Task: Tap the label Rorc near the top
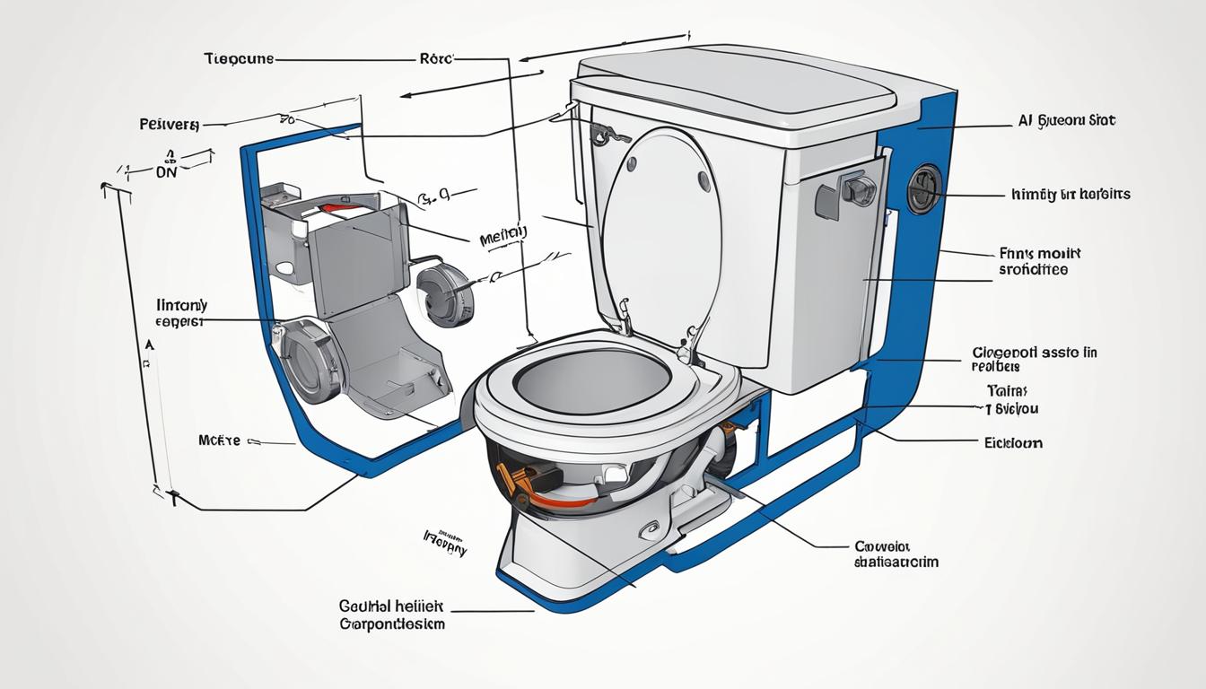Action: click(x=437, y=58)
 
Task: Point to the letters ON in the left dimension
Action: click(x=166, y=171)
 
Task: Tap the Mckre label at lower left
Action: click(x=218, y=440)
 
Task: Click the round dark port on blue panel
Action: click(x=924, y=189)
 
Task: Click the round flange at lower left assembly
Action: click(x=310, y=359)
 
